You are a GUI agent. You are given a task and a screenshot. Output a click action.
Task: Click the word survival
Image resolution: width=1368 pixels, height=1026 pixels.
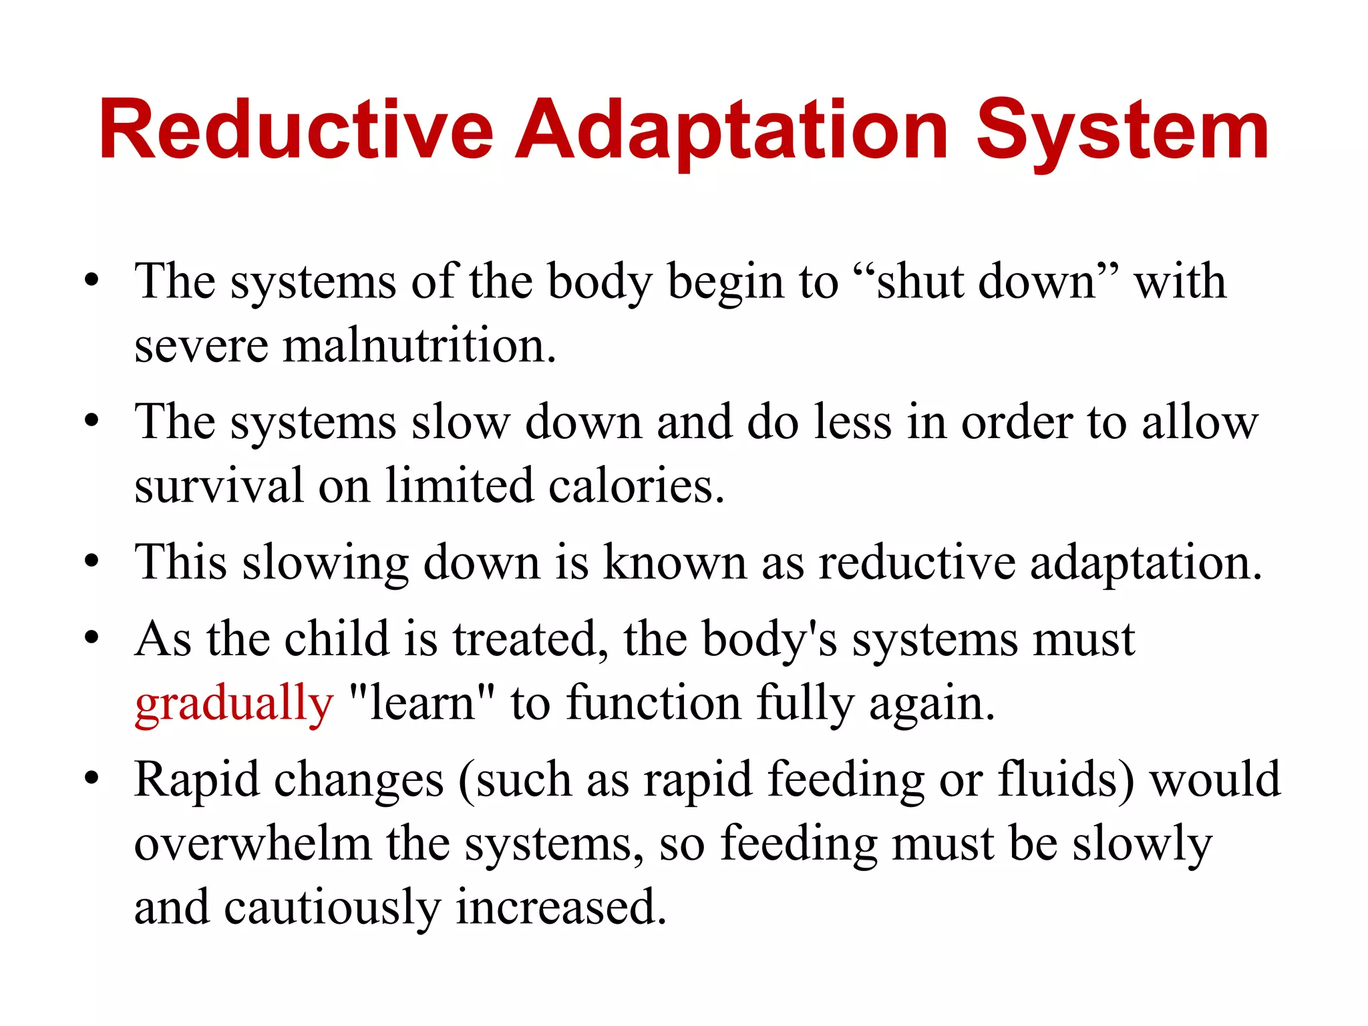[x=219, y=486]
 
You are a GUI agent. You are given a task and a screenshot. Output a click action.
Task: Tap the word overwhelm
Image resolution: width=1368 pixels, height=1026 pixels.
[x=252, y=844]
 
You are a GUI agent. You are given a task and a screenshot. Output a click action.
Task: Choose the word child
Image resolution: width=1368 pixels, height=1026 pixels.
[x=337, y=639]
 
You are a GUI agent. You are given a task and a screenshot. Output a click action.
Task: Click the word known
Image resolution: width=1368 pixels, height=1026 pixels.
[x=675, y=563]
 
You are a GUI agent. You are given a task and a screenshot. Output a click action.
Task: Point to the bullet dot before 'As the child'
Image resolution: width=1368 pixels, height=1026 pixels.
[x=92, y=637]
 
